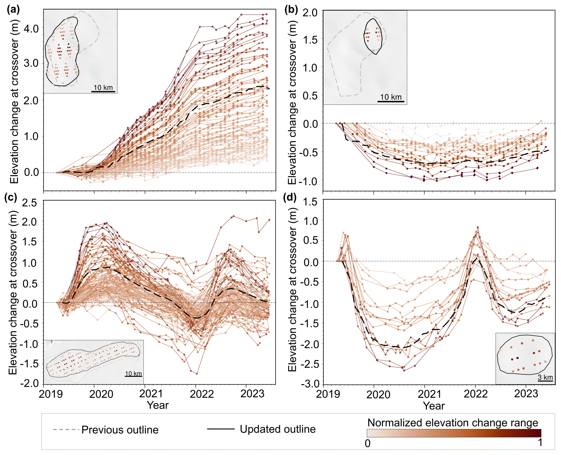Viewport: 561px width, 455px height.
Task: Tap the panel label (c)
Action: (11, 197)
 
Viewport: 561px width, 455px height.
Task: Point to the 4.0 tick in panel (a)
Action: (31, 28)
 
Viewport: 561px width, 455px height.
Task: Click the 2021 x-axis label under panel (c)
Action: (151, 393)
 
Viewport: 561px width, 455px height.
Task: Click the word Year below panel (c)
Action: (157, 405)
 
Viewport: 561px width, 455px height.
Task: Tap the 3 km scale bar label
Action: (545, 377)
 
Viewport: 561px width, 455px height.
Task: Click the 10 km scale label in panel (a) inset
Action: (103, 87)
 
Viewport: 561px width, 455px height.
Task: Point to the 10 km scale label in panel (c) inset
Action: (133, 374)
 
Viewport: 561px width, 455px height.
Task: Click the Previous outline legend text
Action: (120, 430)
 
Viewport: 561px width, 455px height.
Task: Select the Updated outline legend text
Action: (278, 429)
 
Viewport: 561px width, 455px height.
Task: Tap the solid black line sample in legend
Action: (221, 429)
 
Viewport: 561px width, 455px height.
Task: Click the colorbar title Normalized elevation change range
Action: (453, 423)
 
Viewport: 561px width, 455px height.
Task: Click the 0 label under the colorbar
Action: (367, 443)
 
